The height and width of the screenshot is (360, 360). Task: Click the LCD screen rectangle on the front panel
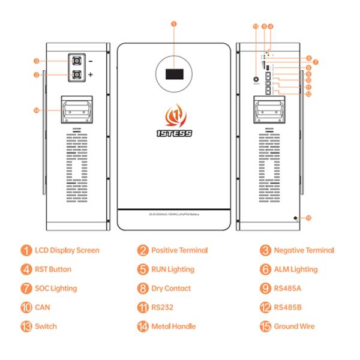[x=173, y=75]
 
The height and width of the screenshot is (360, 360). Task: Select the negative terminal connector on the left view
[x=77, y=61]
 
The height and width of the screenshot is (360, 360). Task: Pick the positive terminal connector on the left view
[x=77, y=75]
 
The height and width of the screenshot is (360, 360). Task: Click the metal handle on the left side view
[x=76, y=110]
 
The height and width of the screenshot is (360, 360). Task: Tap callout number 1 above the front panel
[x=173, y=25]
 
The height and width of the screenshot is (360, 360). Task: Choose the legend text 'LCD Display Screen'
[x=67, y=250]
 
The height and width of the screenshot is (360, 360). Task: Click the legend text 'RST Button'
[x=52, y=269]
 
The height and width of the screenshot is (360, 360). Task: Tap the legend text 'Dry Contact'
[x=171, y=289]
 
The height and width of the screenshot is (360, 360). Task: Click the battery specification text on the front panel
[x=173, y=214]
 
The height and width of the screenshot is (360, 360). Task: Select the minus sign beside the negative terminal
[x=91, y=61]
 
